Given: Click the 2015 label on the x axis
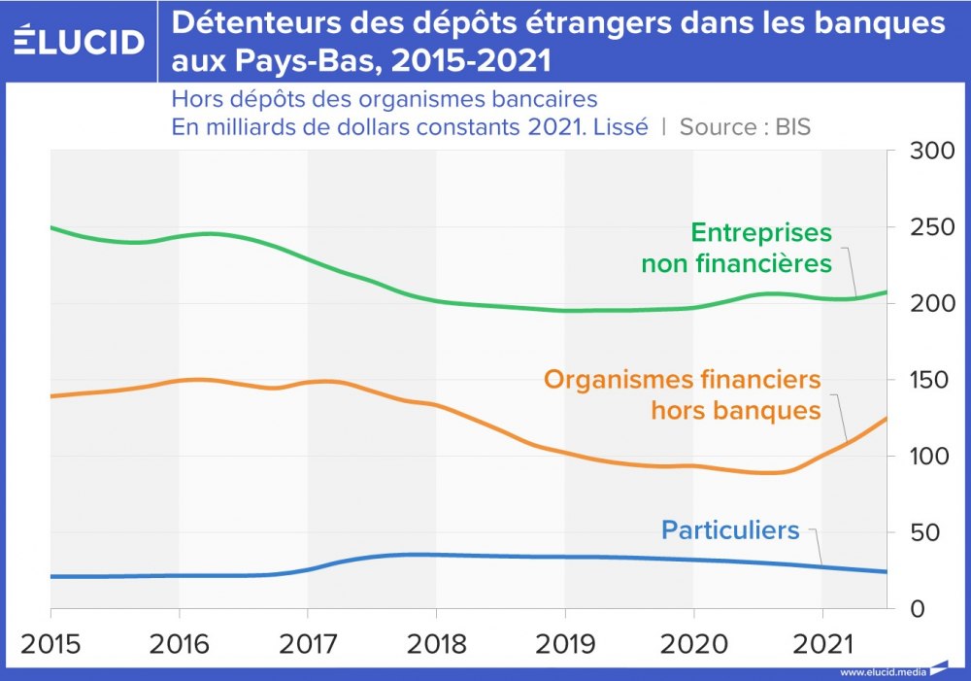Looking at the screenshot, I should [x=50, y=644].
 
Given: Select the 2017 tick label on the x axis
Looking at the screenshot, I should [x=308, y=644].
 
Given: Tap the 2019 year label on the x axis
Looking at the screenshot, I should [x=565, y=644].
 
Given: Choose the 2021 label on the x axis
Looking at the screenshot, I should [x=822, y=644].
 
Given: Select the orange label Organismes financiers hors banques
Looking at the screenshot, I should [x=683, y=394].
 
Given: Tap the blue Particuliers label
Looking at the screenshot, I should [x=730, y=530].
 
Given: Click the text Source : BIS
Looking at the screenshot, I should [x=745, y=127].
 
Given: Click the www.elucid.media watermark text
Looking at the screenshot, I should [x=883, y=671].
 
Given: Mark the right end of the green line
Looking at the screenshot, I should [x=887, y=291].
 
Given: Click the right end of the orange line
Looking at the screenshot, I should [x=887, y=418].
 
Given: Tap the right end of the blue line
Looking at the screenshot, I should [x=887, y=571].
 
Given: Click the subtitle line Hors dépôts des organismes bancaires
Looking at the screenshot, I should [x=384, y=100].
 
